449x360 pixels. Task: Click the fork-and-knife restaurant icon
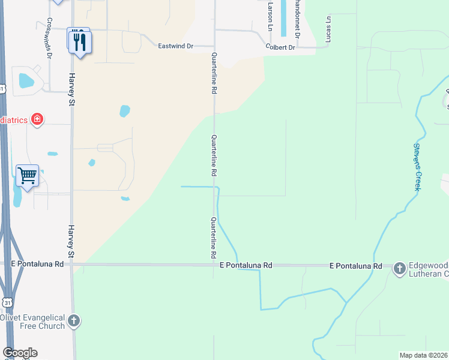pyautogui.click(x=79, y=41)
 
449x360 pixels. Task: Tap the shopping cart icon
pyautogui.click(x=27, y=176)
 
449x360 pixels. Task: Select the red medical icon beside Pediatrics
pyautogui.click(x=37, y=119)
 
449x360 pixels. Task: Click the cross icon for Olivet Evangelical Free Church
pyautogui.click(x=74, y=321)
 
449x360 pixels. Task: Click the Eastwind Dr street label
pyautogui.click(x=175, y=46)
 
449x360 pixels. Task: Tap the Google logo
pyautogui.click(x=20, y=353)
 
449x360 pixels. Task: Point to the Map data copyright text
pyautogui.click(x=423, y=355)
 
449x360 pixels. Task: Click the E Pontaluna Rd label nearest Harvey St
pyautogui.click(x=37, y=264)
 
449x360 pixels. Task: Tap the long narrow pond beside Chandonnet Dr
pyautogui.click(x=283, y=19)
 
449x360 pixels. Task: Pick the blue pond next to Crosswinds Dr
pyautogui.click(x=26, y=80)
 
